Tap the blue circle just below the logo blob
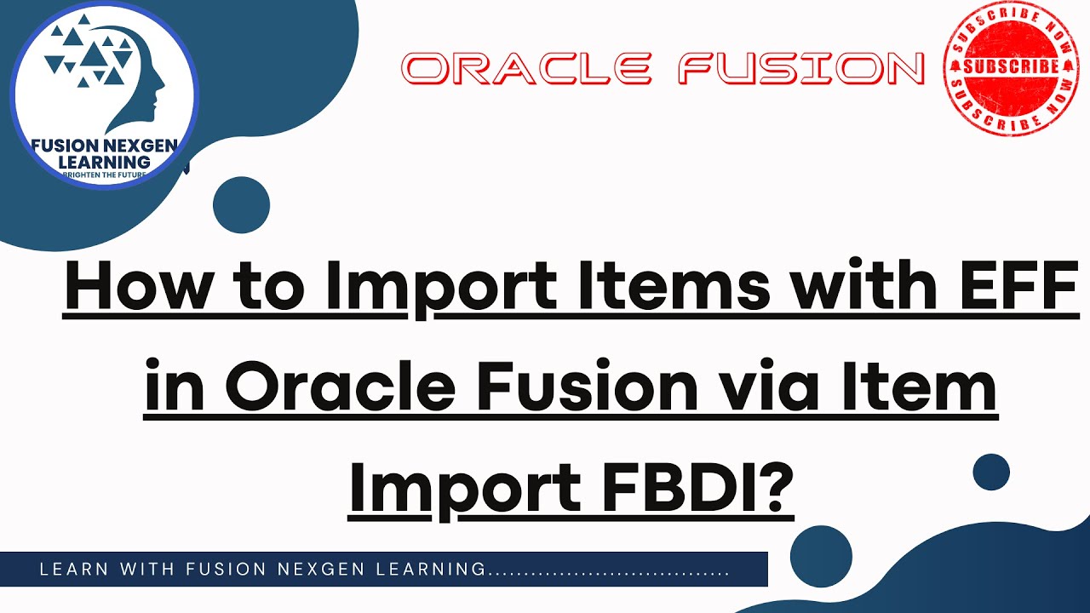coord(241,205)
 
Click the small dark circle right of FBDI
coord(990,471)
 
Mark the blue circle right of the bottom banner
coord(821,556)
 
